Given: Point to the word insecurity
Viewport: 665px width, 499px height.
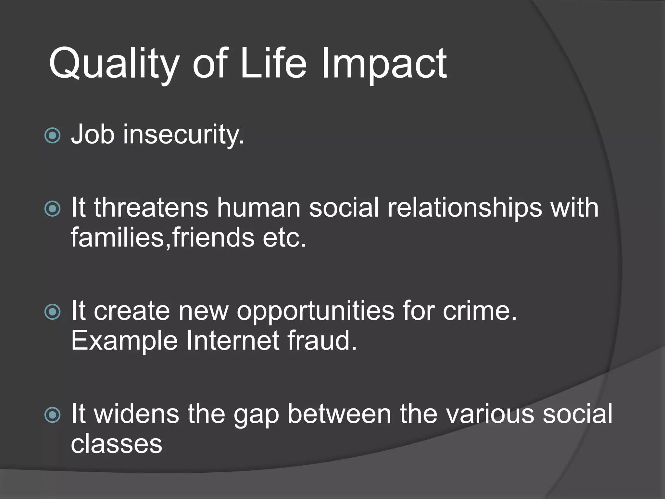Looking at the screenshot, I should click(183, 134).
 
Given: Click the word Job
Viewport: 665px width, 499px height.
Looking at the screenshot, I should click(93, 134).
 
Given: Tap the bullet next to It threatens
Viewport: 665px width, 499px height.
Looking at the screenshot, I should click(52, 209).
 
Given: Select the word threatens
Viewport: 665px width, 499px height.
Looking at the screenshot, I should click(151, 208).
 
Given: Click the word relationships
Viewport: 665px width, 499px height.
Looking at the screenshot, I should click(465, 208).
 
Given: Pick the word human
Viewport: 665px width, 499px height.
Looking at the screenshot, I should click(258, 208).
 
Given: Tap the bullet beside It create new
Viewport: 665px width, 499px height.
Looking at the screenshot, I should click(52, 312).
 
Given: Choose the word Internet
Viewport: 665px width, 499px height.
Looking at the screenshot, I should click(232, 341).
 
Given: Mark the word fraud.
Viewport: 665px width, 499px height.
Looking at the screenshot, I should click(322, 341).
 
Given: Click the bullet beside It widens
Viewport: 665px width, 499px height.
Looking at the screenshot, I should click(52, 415).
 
